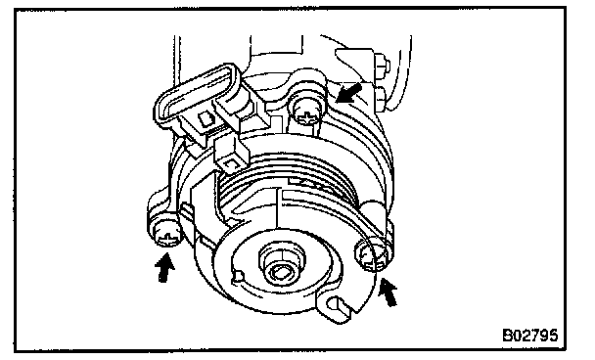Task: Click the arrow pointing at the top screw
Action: coord(348,93)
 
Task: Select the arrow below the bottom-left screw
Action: coord(164,268)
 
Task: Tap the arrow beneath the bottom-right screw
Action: coord(389,292)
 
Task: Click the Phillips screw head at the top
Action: coord(307,113)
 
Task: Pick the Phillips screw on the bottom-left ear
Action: coord(165,235)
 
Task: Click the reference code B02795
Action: coord(530,336)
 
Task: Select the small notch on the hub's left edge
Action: coord(237,276)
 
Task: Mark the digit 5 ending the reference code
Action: coord(553,336)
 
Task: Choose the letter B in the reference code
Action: coord(507,336)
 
